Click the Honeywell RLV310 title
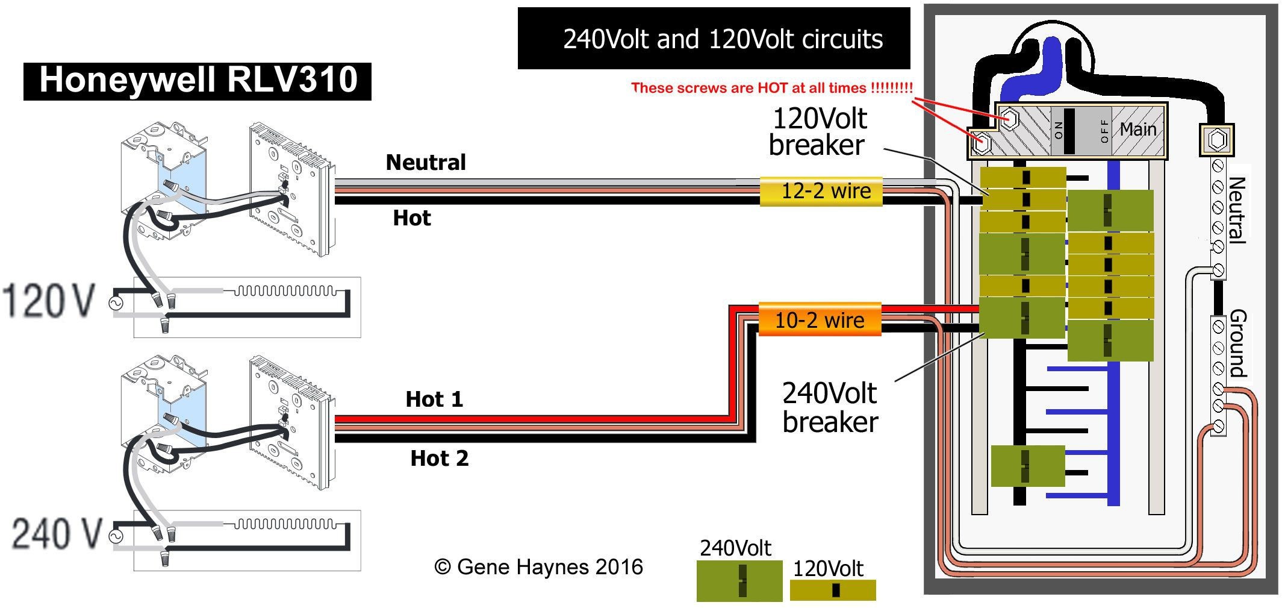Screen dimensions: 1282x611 pyautogui.click(x=198, y=80)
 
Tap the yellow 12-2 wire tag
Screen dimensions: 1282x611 pyautogui.click(x=821, y=191)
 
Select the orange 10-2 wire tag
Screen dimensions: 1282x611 pyautogui.click(x=820, y=319)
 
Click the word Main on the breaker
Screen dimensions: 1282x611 pyautogui.click(x=1137, y=129)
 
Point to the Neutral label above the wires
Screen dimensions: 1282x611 pyautogui.click(x=426, y=162)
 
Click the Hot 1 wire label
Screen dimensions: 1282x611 pyautogui.click(x=434, y=399)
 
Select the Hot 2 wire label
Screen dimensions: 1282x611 pyautogui.click(x=439, y=458)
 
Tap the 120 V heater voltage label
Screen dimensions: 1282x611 pyautogui.click(x=48, y=301)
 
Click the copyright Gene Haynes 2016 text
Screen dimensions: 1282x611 pyautogui.click(x=538, y=567)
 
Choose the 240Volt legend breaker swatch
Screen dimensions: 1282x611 pyautogui.click(x=739, y=581)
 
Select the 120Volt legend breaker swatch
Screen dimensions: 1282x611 pyautogui.click(x=833, y=590)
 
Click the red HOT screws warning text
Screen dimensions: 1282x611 pyautogui.click(x=772, y=88)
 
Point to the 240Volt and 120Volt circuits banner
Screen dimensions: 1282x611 pyautogui.click(x=723, y=39)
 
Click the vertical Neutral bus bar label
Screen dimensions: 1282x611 pyautogui.click(x=1236, y=210)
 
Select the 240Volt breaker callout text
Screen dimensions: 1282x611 pyautogui.click(x=830, y=407)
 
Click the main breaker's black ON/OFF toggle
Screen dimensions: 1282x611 pyautogui.click(x=1069, y=131)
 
